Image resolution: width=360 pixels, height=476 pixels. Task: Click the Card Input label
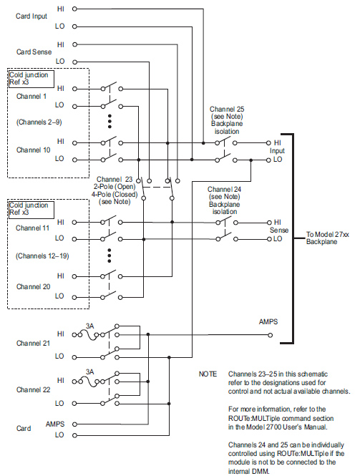31,16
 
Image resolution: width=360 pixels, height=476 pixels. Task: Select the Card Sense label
34,52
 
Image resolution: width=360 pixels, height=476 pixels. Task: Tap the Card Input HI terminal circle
74,9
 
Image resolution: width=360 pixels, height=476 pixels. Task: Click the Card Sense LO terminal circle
74,62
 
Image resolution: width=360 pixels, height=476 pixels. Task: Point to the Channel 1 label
31,97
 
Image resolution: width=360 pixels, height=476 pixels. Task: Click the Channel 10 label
33,150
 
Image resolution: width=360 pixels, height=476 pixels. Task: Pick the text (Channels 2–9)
39,122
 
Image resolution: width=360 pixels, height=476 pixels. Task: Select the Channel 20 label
33,286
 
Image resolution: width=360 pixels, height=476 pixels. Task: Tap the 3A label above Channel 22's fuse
90,372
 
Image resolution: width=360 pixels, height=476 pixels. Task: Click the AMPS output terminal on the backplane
270,335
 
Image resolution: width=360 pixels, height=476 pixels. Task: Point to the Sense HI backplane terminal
268,223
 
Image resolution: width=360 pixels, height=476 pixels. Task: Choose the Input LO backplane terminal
268,160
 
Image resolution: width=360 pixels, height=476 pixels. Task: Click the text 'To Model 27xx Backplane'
327,238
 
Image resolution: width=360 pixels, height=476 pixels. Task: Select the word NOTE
208,374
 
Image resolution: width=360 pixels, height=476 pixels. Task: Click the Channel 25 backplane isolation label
227,120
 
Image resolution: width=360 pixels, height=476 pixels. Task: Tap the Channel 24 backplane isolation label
224,200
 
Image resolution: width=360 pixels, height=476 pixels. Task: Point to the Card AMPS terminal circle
74,424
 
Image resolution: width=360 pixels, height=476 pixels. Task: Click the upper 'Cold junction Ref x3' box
31,79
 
